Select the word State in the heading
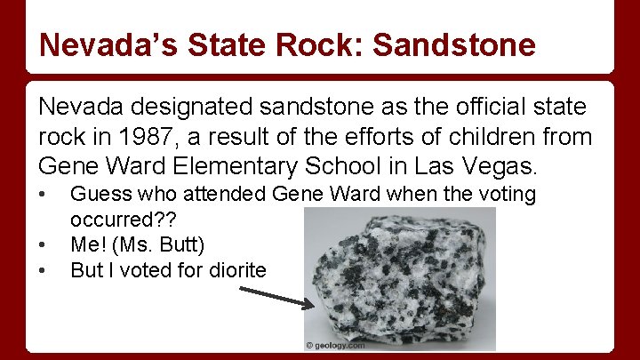point(247,44)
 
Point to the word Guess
point(97,193)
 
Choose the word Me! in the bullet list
point(88,244)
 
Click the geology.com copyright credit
point(336,345)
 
